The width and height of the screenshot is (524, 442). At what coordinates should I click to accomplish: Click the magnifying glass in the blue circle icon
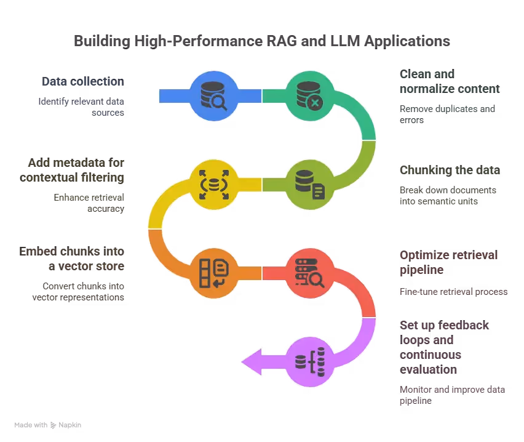(x=219, y=103)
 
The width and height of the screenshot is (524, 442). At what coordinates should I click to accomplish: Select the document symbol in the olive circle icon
(x=318, y=191)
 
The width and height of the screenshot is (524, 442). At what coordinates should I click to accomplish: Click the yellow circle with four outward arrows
(x=213, y=183)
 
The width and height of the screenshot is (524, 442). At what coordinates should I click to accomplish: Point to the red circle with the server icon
(x=309, y=273)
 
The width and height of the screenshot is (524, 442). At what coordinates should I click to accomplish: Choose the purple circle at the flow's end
(x=309, y=361)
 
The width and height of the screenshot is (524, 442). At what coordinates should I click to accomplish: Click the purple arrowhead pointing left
(x=252, y=361)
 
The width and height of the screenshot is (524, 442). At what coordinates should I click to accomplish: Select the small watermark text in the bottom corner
(x=48, y=424)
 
